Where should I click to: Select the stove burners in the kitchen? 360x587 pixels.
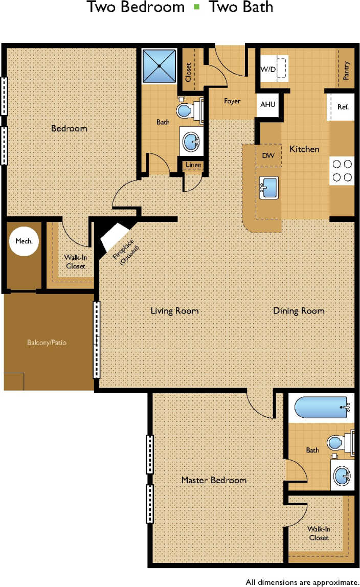[x=342, y=171]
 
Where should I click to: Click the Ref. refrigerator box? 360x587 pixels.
[x=342, y=107]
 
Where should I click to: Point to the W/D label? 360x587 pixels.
[x=267, y=69]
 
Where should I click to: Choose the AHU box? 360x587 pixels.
[x=267, y=104]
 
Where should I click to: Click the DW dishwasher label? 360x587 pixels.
[x=268, y=155]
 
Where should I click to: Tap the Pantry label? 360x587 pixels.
[x=346, y=71]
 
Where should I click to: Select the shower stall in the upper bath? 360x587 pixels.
[x=159, y=66]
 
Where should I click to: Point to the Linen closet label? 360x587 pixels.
[x=193, y=165]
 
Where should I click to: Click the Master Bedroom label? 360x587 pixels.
[x=214, y=480]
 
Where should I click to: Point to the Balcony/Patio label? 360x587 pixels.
[x=47, y=342]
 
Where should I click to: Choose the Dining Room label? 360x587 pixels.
[x=299, y=310]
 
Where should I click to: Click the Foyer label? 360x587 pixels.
[x=232, y=101]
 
